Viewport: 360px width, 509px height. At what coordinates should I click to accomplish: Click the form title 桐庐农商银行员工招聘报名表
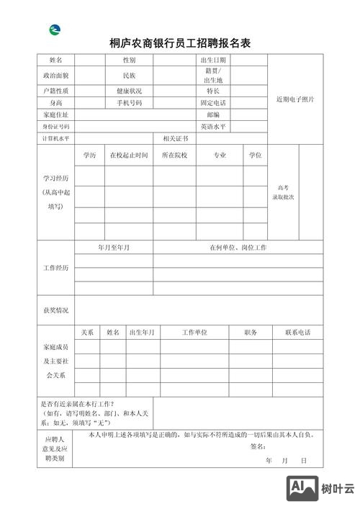(179, 43)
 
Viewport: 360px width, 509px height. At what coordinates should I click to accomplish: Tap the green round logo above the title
(55, 30)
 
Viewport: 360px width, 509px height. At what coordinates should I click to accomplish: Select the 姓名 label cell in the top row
(55, 60)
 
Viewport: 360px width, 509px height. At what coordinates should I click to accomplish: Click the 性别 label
(130, 60)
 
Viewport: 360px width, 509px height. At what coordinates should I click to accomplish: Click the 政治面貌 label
(55, 75)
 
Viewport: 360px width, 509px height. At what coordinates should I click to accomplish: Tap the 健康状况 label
(130, 91)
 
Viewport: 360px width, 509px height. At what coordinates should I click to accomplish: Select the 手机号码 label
(130, 103)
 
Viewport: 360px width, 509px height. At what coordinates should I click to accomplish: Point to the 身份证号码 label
(55, 126)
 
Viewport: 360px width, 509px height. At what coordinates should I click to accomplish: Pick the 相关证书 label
(175, 138)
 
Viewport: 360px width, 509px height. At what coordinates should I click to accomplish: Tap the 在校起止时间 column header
(129, 155)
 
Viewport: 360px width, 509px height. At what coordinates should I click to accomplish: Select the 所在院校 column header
(174, 155)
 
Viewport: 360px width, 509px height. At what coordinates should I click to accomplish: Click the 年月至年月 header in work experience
(114, 248)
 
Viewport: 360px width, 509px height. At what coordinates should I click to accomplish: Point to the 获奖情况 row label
(55, 310)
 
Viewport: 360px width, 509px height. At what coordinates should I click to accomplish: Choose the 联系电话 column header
(297, 333)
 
